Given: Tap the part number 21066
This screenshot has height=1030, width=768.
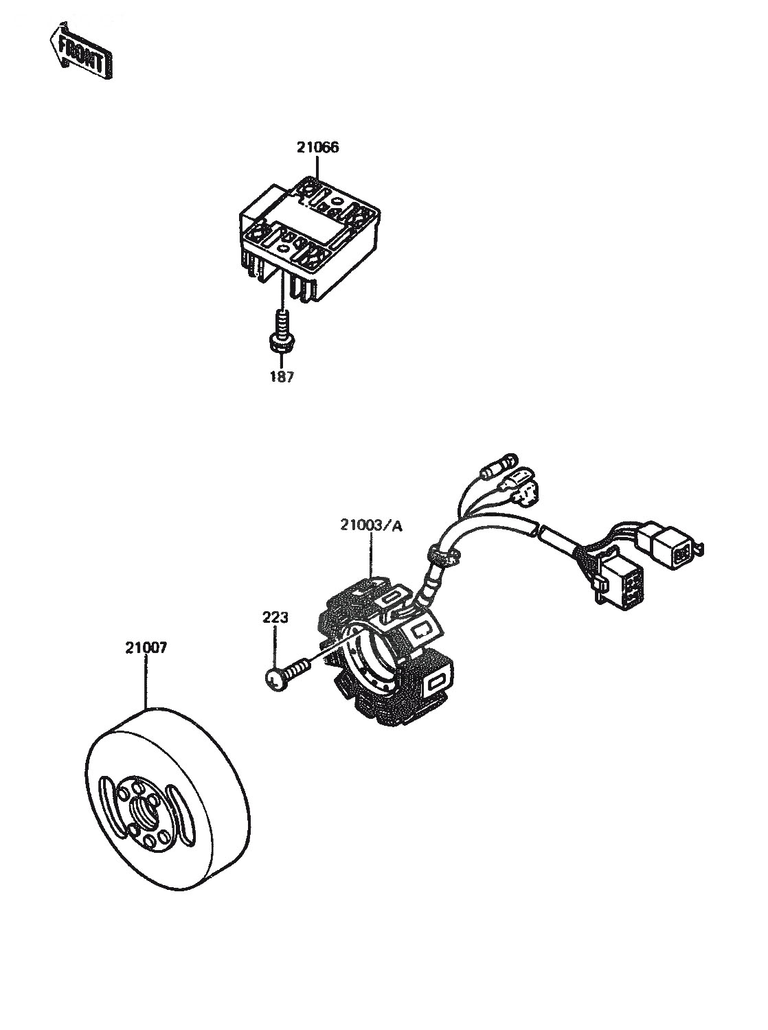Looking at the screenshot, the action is (x=317, y=148).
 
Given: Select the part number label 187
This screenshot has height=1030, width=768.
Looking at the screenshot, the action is (x=282, y=377).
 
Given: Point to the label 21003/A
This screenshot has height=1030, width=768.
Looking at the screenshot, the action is (x=372, y=526).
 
